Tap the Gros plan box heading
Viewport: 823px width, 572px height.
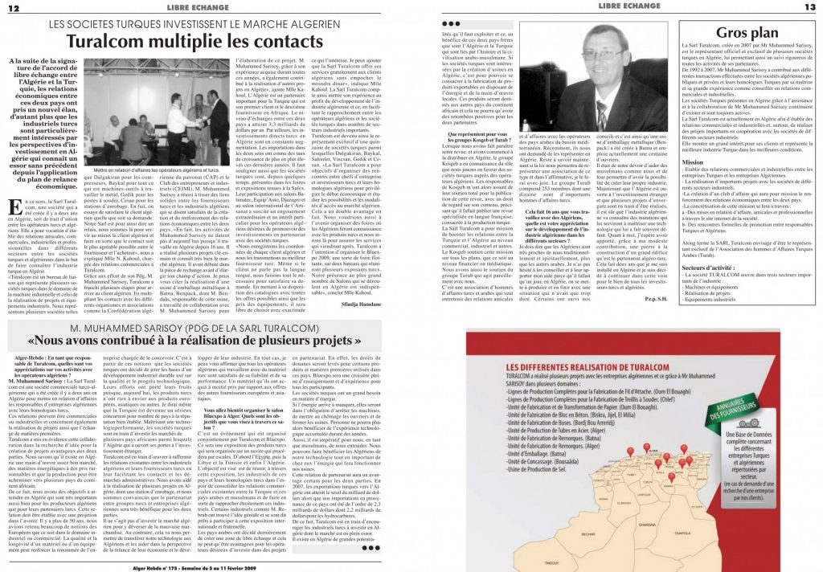(x=747, y=33)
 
